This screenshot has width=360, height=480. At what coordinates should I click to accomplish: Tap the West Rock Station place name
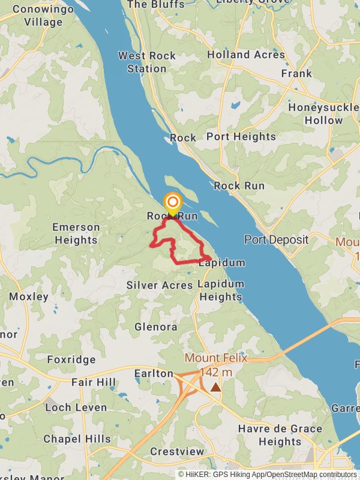point(147,62)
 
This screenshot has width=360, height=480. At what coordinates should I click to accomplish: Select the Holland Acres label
point(246,55)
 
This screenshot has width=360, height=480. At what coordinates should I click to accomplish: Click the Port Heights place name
point(241,137)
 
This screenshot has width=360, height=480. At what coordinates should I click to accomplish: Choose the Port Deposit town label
point(276,240)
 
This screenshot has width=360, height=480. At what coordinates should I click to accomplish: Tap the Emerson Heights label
point(76,234)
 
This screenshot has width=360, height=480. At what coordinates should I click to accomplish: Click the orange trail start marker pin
point(173,202)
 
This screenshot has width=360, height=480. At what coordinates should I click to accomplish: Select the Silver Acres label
point(160,285)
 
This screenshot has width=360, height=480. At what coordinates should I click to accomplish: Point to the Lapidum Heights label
point(220,290)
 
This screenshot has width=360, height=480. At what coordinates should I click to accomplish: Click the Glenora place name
point(156,327)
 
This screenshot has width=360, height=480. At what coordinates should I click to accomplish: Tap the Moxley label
point(29,296)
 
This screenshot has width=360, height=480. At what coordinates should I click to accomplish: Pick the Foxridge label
point(71,360)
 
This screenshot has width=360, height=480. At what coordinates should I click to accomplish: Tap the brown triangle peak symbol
point(215,388)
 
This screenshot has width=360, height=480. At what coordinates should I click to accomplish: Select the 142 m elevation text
point(216,372)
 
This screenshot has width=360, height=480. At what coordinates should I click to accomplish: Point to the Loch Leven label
point(76,407)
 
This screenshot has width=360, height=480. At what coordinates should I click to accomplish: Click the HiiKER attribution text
point(266,474)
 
